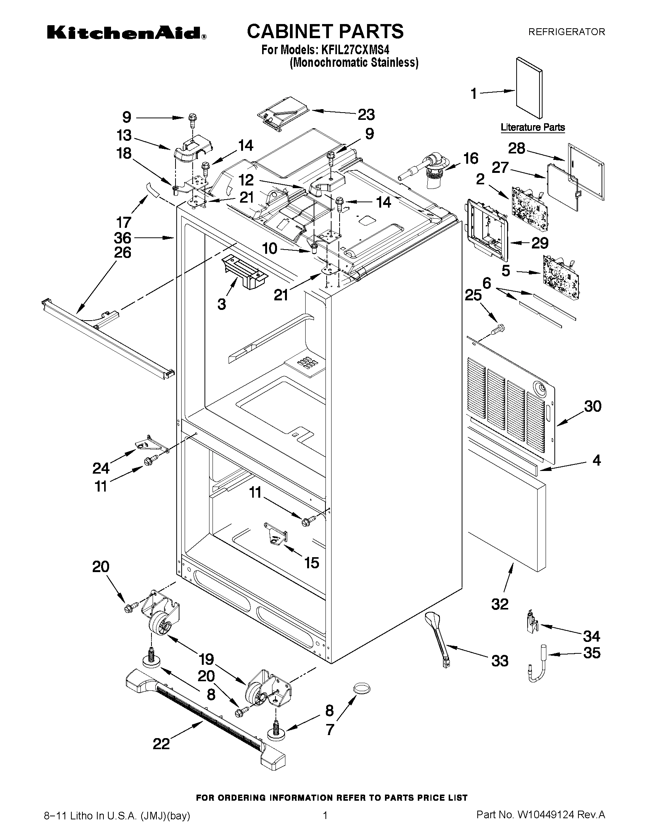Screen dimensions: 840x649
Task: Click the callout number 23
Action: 366,114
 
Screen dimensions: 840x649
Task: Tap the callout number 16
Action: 470,158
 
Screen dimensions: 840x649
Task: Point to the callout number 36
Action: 122,238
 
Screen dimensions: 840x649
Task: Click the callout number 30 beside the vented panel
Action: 593,406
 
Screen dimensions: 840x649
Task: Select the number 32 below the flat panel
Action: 500,604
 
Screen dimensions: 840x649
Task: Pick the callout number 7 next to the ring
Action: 330,730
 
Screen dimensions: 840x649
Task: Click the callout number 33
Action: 500,661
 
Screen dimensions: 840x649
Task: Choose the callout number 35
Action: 591,653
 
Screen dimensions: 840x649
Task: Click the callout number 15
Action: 311,563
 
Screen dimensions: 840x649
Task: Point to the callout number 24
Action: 101,468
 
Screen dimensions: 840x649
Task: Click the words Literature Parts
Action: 533,127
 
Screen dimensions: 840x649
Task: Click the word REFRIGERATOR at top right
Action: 566,32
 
